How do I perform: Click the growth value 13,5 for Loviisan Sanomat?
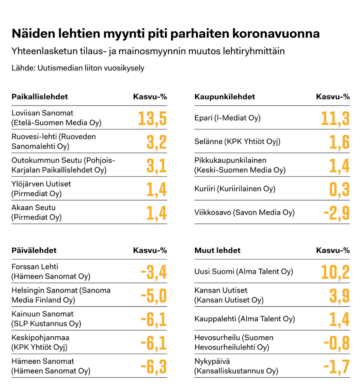point(152,118)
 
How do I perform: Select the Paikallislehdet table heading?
point(40,97)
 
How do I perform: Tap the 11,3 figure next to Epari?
point(335,118)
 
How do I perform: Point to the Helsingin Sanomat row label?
point(61,295)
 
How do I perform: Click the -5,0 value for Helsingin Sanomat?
point(154,296)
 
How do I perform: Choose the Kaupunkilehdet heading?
point(225,97)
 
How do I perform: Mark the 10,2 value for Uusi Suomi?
point(335,272)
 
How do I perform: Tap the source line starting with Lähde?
point(78,68)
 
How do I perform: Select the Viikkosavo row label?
point(244,212)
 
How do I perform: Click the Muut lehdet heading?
point(217,251)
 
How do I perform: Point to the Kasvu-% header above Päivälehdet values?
point(150,251)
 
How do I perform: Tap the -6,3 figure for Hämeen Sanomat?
point(154,367)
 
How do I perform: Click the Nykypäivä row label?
point(236,366)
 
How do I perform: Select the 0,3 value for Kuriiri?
point(339,189)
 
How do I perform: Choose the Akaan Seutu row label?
point(36,212)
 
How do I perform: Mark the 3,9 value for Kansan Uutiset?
point(339,296)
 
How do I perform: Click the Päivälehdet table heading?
point(34,251)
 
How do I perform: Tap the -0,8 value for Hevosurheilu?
point(337,343)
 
